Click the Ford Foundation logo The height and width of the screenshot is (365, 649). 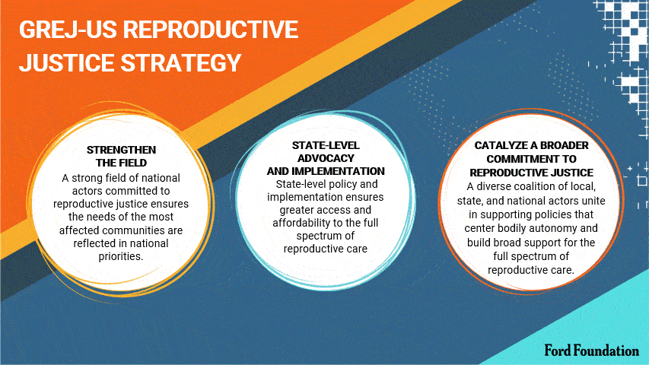591,351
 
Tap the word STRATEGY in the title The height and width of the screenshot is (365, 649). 180,63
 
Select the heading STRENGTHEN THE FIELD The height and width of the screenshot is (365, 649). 121,156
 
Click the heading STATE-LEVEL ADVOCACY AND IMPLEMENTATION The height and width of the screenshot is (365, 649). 326,158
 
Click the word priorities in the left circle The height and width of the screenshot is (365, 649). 121,256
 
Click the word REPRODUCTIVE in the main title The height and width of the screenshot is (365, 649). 210,30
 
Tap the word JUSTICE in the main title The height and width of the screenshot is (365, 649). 67,63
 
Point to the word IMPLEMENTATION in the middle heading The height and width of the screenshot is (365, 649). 338,171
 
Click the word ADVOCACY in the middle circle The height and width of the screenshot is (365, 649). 326,158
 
